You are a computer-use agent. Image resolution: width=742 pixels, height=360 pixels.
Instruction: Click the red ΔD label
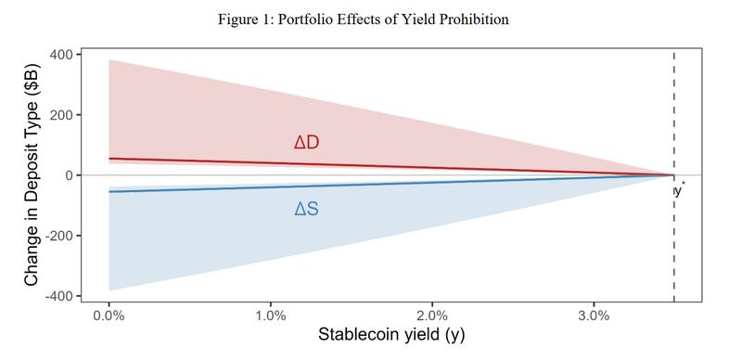306,143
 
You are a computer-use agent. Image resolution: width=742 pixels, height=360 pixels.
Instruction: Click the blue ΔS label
306,210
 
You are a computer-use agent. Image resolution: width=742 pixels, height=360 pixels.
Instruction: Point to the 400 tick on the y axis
63,55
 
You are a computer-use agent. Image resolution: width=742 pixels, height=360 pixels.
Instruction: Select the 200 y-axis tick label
63,115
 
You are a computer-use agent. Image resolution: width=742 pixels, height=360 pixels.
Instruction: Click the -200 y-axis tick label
60,236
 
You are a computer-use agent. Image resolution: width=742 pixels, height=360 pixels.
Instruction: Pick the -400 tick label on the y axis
60,296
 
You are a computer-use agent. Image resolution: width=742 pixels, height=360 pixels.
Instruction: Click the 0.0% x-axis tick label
109,315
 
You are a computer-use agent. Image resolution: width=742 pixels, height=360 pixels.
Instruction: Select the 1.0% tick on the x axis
271,315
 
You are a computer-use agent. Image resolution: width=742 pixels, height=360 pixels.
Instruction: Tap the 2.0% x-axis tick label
432,315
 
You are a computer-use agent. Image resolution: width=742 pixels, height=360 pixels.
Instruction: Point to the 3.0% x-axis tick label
594,315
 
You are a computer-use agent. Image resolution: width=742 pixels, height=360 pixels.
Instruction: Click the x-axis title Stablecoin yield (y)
391,336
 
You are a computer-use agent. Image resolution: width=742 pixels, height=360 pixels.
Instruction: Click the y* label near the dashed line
679,190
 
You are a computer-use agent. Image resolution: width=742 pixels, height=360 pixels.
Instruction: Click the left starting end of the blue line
110,191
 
